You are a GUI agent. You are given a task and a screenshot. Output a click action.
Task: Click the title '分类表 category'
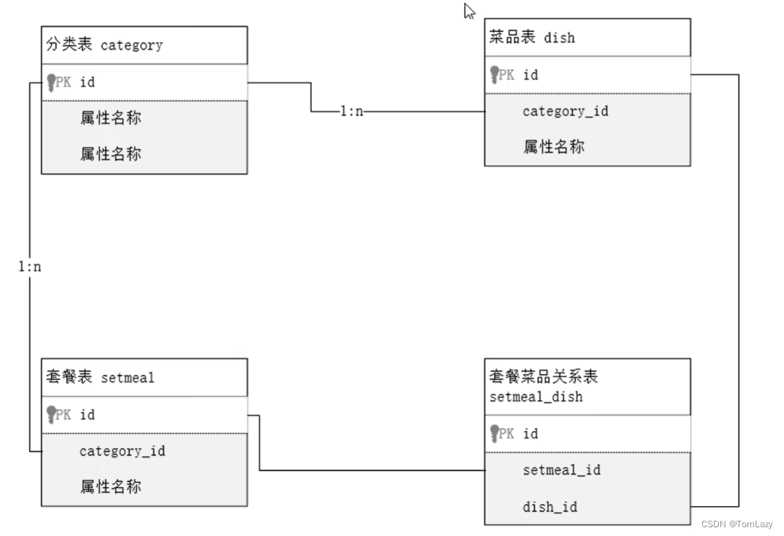click(104, 45)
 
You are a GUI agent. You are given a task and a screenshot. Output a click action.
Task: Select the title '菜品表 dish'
click(532, 37)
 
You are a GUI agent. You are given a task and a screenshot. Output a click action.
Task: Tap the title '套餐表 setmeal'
click(100, 378)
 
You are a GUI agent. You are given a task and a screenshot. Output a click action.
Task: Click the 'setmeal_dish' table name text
click(536, 397)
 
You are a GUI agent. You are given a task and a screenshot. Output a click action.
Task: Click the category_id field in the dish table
click(565, 111)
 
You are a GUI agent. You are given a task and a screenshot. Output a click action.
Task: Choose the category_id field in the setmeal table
click(122, 451)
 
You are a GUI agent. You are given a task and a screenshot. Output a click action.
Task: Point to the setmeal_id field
click(561, 470)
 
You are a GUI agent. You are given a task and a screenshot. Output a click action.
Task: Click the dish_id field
click(549, 507)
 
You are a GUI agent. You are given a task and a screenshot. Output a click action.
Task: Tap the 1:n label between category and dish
click(351, 112)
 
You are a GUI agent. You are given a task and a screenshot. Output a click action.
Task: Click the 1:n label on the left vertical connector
click(30, 267)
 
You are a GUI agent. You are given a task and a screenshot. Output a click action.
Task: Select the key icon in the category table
click(51, 81)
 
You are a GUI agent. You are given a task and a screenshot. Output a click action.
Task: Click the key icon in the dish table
click(494, 74)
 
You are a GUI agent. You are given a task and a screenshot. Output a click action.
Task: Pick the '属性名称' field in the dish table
click(553, 147)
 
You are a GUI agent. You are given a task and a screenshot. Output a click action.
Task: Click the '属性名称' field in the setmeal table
click(110, 486)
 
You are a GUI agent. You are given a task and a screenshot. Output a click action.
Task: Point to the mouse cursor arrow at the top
click(469, 11)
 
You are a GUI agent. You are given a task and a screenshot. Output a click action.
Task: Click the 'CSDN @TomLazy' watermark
click(736, 524)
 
